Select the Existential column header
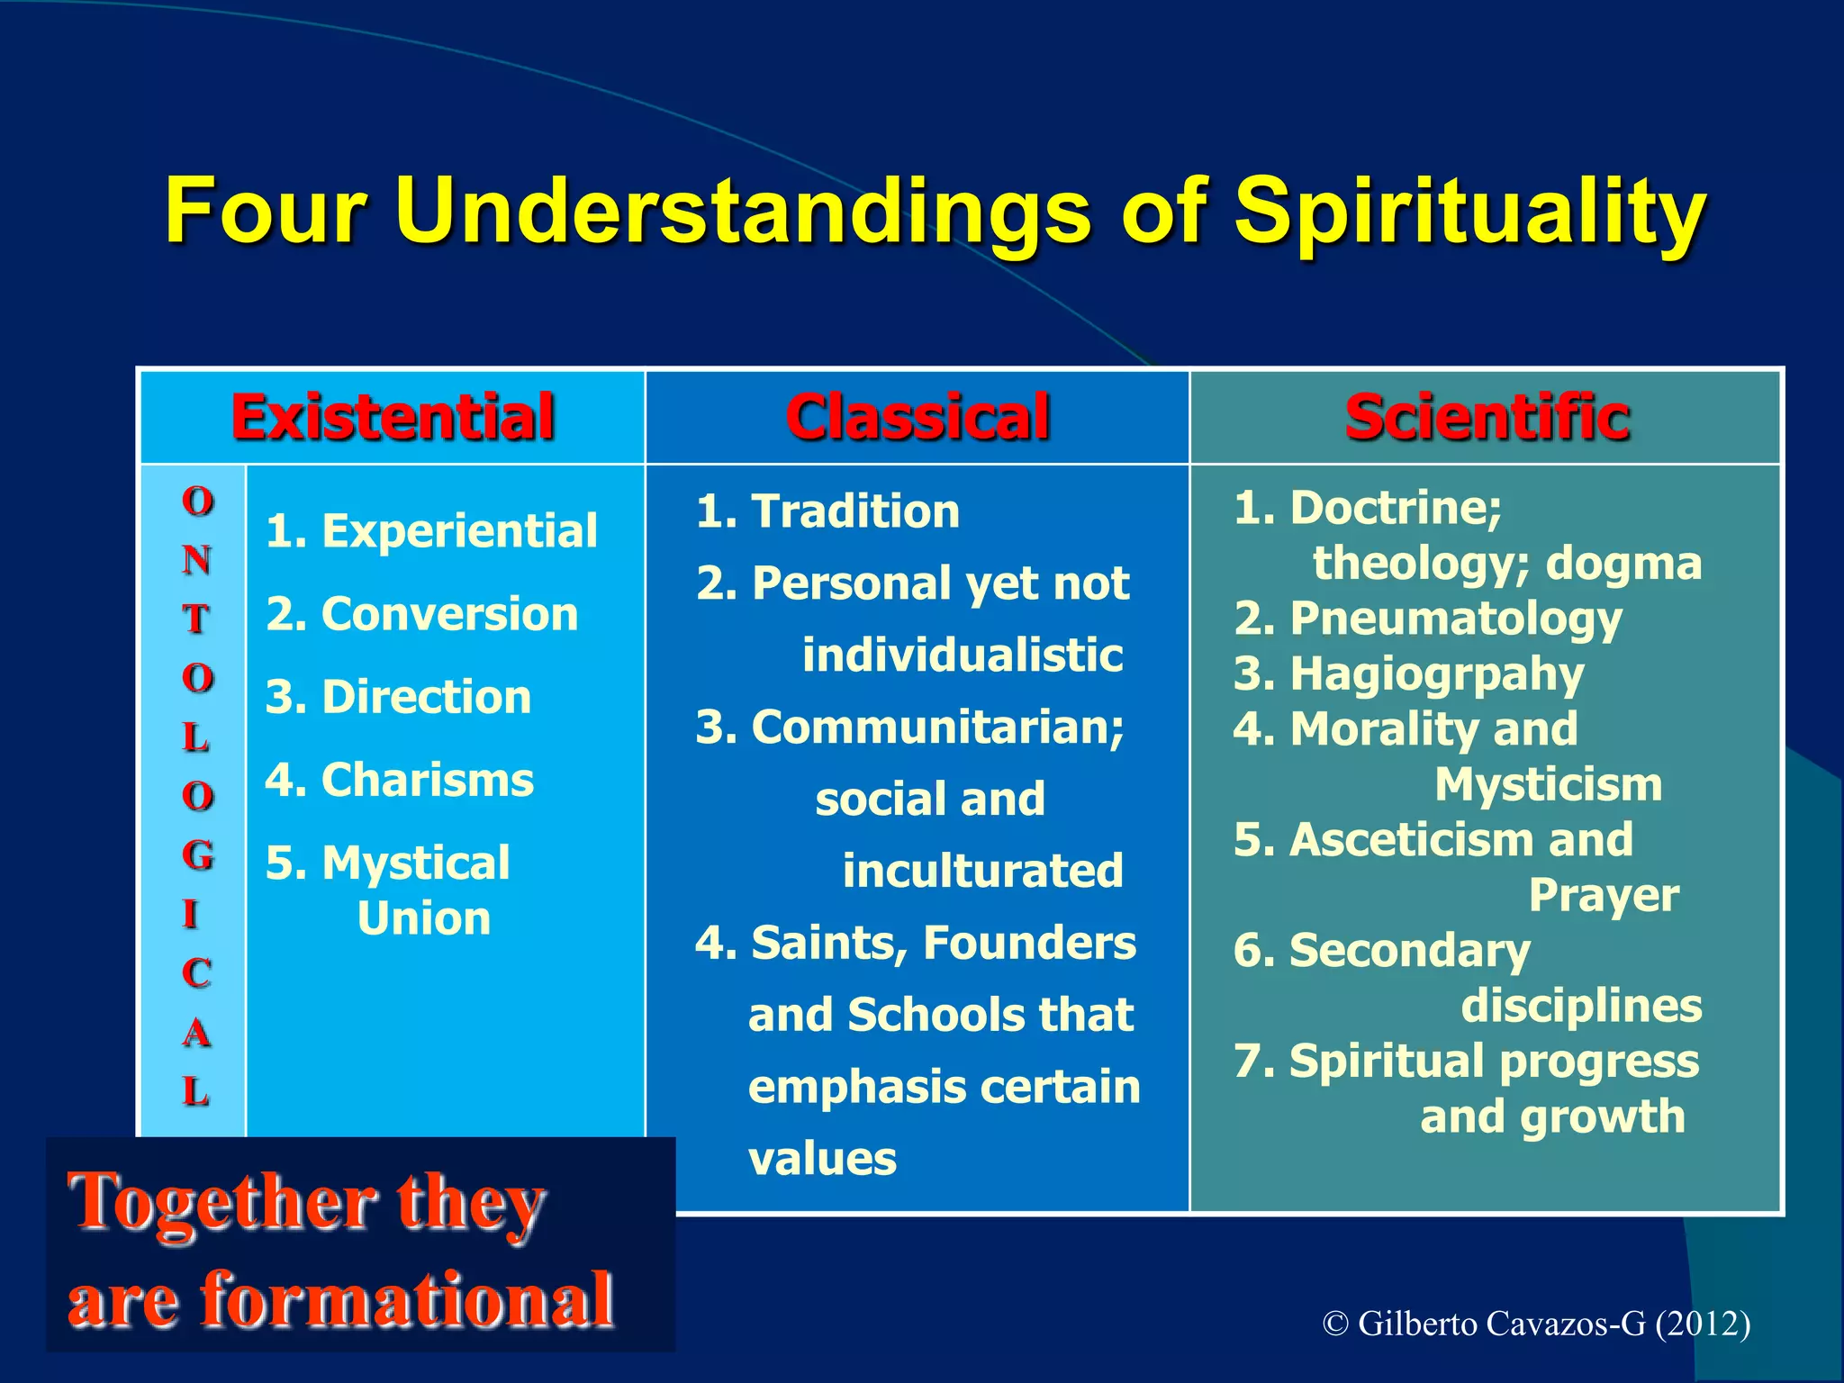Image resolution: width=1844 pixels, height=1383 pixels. click(x=393, y=417)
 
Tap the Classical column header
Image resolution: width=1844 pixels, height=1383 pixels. click(x=917, y=417)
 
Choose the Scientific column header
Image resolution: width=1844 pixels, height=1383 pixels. click(x=1487, y=417)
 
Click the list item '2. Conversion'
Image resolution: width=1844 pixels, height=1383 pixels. click(x=421, y=614)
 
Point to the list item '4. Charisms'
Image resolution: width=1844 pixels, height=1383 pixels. click(x=399, y=780)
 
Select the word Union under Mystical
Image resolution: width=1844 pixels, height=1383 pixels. click(x=424, y=918)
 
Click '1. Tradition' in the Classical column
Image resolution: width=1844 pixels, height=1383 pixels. click(x=827, y=511)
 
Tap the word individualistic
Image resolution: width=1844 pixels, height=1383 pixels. click(x=962, y=655)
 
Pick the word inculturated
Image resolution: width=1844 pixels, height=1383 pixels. click(x=982, y=871)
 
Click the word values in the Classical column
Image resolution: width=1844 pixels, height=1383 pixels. click(x=822, y=1159)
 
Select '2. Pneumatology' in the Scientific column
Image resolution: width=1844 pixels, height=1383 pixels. click(x=1427, y=619)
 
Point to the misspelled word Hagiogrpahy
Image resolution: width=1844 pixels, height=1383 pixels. click(x=1436, y=674)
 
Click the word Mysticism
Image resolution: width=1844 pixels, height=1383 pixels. click(x=1548, y=784)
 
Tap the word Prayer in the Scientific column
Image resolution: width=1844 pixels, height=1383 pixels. click(x=1604, y=895)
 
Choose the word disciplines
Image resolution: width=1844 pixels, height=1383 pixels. click(x=1581, y=1006)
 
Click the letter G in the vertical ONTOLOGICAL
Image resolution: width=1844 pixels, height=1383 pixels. click(x=197, y=854)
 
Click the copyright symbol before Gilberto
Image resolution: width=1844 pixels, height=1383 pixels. click(x=1335, y=1324)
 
